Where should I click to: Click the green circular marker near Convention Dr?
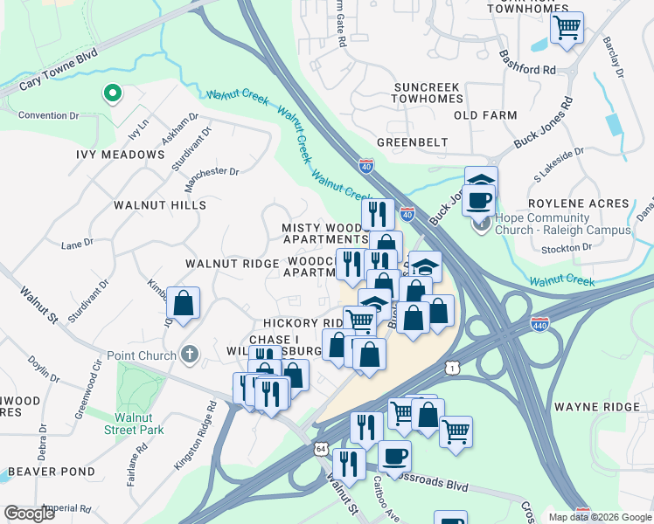[111, 92]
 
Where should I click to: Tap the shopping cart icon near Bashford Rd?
[567, 27]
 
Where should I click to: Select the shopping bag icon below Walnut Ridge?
[184, 304]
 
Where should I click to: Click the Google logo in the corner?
[29, 514]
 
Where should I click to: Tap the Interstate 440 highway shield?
[539, 325]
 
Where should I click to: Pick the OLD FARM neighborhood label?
[485, 115]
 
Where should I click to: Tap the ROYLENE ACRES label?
[580, 203]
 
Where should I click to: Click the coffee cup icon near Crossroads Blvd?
[394, 455]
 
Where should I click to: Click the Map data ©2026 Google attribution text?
[601, 517]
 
